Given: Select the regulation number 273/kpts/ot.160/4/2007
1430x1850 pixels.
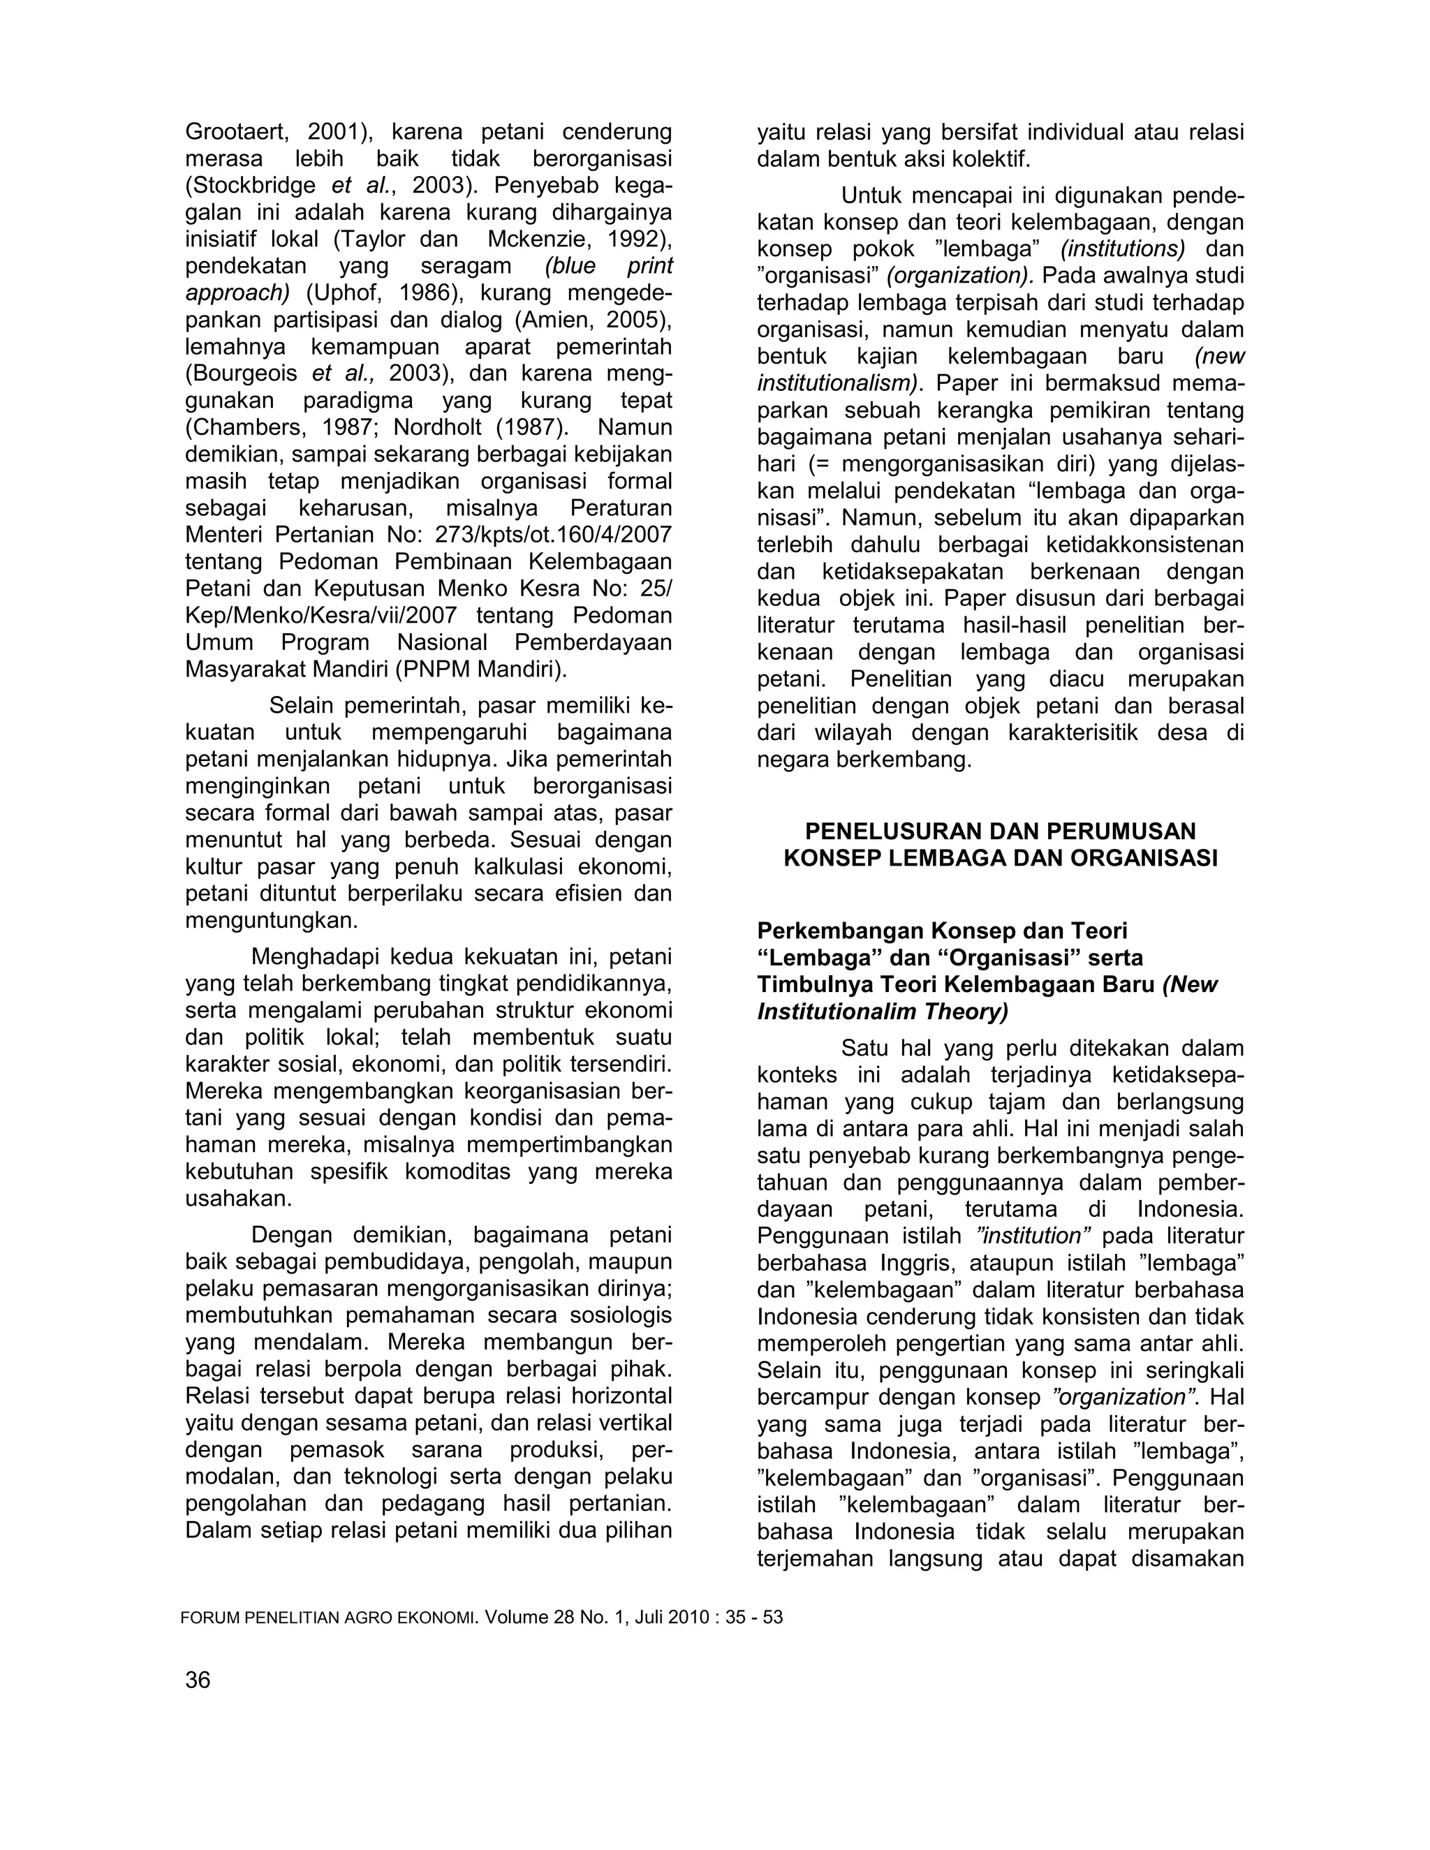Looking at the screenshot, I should [553, 535].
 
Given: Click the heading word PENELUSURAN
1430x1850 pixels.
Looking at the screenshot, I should [878, 831].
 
